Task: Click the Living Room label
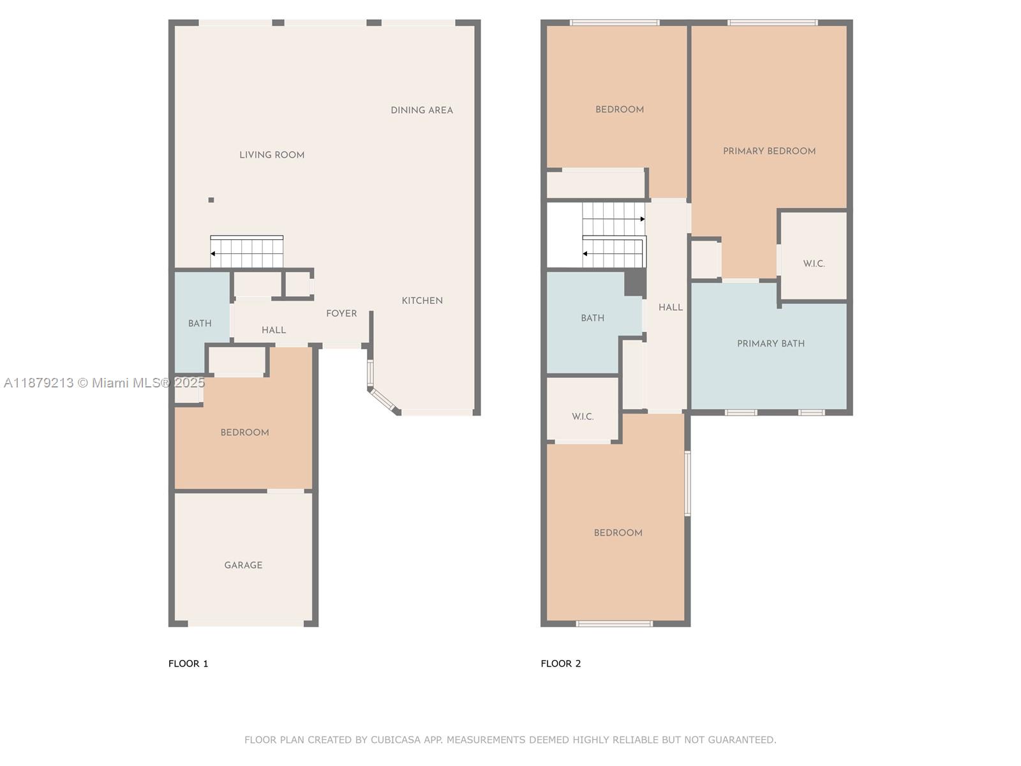[x=272, y=154]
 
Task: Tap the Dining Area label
[x=422, y=110]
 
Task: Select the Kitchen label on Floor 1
[x=422, y=301]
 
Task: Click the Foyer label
[x=341, y=313]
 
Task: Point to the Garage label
[x=243, y=565]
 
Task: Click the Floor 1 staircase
[x=247, y=252]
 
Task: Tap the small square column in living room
[x=211, y=200]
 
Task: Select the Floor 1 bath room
[x=200, y=322]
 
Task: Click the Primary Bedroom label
[x=769, y=151]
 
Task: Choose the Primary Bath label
[x=771, y=343]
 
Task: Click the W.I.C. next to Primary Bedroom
[x=814, y=264]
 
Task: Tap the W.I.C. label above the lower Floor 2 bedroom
[x=583, y=417]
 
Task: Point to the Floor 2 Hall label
[x=671, y=308]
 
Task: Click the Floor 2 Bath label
[x=592, y=318]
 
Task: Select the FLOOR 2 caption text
[x=561, y=663]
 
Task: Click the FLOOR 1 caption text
[x=188, y=663]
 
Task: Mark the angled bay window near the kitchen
[x=384, y=400]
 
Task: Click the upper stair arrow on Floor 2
[x=642, y=219]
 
